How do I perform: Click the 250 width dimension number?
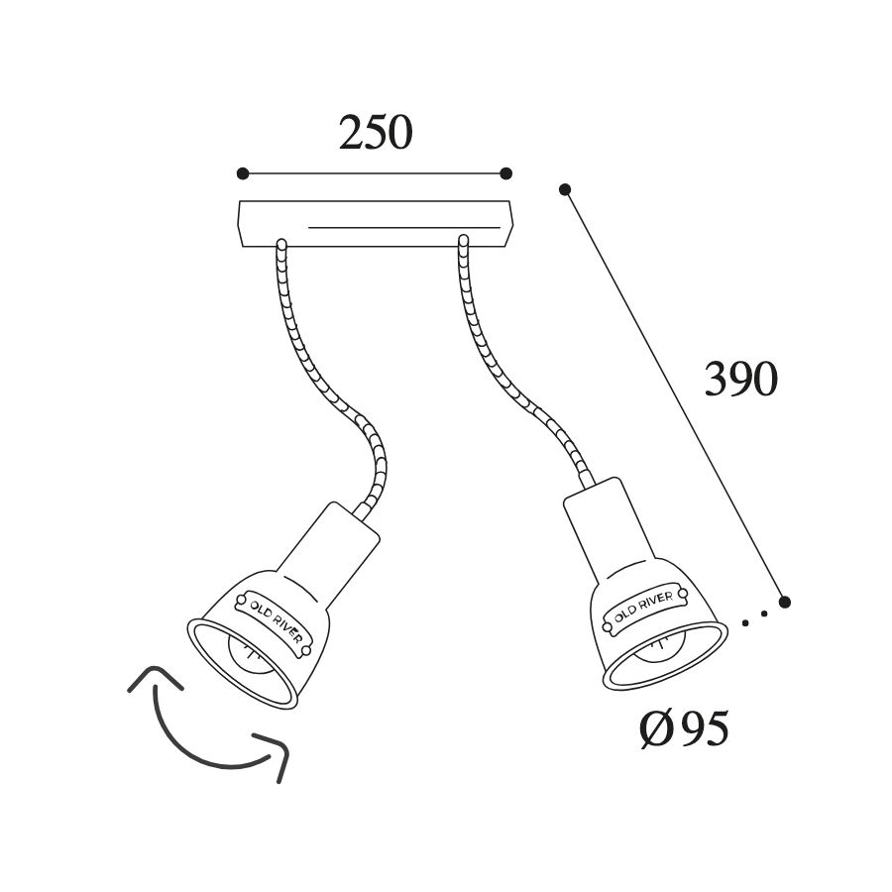(376, 133)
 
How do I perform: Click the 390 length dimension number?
(741, 379)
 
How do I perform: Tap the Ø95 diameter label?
(684, 728)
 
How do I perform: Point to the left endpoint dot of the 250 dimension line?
(243, 172)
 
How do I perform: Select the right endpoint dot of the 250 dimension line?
(505, 172)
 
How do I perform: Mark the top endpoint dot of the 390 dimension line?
(565, 189)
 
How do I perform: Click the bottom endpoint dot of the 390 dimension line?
(785, 602)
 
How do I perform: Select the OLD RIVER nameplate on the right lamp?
(644, 608)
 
